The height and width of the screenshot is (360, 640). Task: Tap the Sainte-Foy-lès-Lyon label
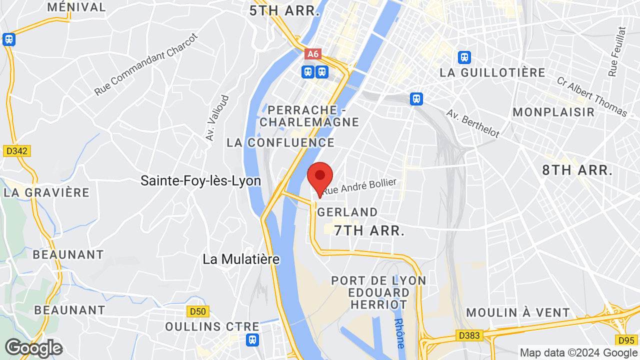pos(200,180)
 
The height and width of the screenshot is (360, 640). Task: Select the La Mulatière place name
pos(241,259)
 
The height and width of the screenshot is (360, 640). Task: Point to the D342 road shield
pos(17,150)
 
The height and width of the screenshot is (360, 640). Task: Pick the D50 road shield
pos(197,311)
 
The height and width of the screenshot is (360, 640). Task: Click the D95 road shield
pos(626,340)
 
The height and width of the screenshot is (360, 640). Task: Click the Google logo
pos(33,348)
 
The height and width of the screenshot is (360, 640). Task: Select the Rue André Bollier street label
pos(359,186)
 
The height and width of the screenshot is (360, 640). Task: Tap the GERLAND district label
pos(347,212)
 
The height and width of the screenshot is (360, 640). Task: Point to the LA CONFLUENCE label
pos(280,142)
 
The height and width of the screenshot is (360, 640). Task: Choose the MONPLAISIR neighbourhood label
pos(553,112)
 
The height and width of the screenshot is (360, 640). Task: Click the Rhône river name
pos(399,333)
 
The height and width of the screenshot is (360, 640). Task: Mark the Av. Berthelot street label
pos(473,124)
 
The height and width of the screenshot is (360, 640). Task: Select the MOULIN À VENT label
pos(518,313)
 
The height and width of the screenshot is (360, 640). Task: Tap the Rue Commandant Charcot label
pos(146,65)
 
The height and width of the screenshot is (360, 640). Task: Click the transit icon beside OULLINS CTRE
pos(253,340)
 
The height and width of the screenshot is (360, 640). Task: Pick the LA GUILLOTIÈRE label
pos(492,72)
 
